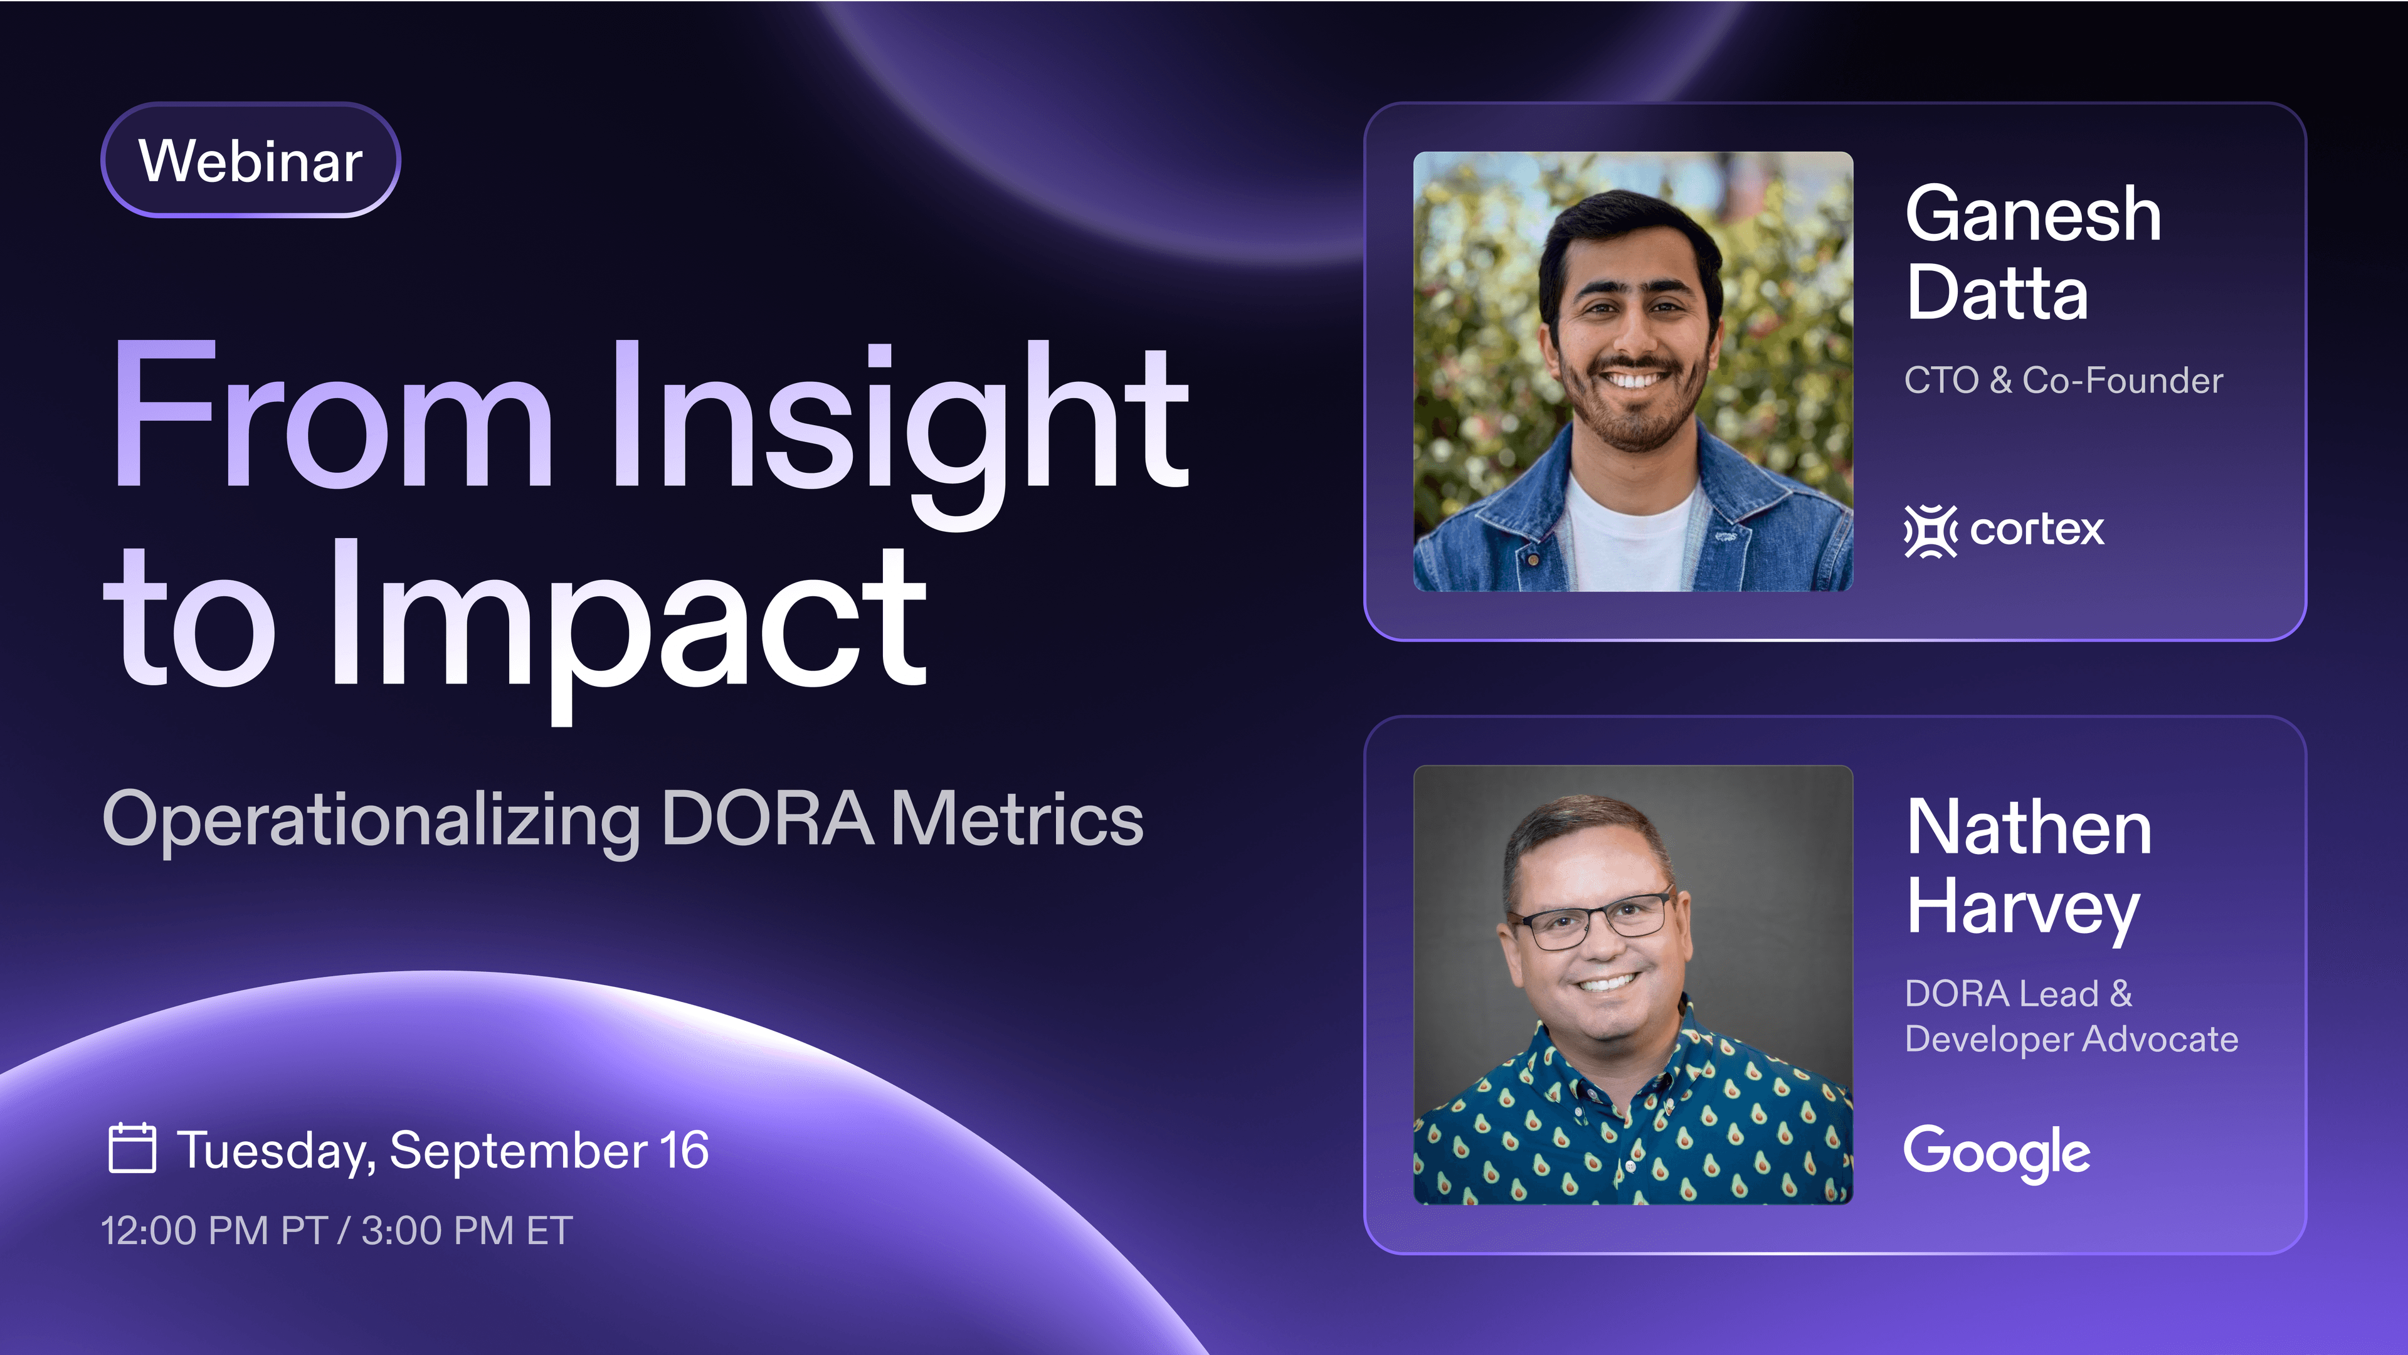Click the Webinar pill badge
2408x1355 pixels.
(x=251, y=161)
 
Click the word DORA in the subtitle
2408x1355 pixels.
(x=766, y=819)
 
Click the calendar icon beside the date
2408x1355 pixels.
(x=132, y=1149)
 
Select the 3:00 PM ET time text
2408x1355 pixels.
(x=467, y=1230)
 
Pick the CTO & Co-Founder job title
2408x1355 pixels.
(x=2063, y=381)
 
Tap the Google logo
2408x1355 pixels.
(x=1997, y=1152)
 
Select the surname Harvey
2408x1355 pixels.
(x=2022, y=909)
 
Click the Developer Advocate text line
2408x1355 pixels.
(x=2071, y=1039)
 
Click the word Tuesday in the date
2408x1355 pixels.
(x=276, y=1151)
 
